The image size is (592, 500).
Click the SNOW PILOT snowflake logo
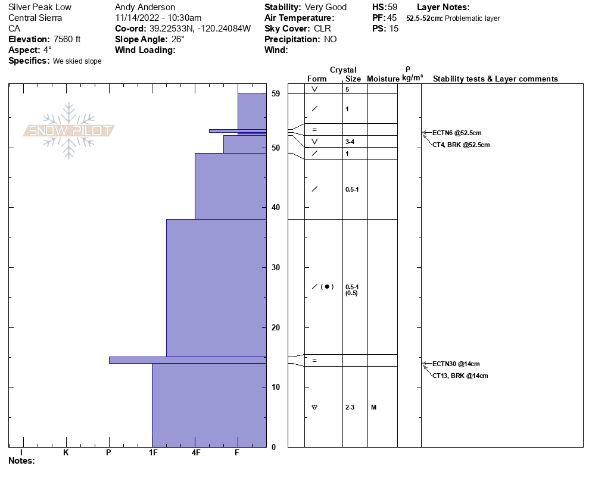pos(69,131)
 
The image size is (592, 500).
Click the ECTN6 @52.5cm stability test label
pos(457,133)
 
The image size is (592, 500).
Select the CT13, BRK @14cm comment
pos(460,376)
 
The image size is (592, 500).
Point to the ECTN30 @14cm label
pos(456,364)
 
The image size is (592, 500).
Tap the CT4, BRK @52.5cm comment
pos(461,145)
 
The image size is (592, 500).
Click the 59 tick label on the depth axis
pos(275,93)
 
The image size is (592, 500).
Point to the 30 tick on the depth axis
pos(275,267)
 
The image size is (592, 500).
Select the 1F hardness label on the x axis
pos(152,453)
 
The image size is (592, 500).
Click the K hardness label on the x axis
pos(66,453)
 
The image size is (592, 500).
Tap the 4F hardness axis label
pos(195,453)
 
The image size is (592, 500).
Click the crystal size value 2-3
pos(350,407)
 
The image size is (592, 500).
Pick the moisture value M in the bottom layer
pos(373,407)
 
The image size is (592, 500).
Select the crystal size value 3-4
pos(350,142)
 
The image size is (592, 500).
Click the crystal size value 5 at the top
pos(347,89)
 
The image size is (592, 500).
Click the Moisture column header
pos(383,79)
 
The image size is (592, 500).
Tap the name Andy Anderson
pos(145,7)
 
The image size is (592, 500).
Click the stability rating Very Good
pos(325,7)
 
